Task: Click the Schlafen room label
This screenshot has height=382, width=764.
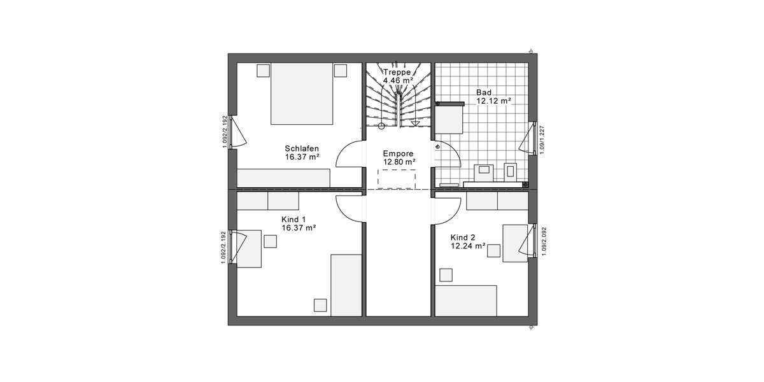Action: point(302,148)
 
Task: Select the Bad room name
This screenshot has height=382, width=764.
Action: point(484,92)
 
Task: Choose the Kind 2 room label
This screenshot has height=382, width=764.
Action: point(463,237)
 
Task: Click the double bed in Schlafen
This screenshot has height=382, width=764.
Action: point(302,94)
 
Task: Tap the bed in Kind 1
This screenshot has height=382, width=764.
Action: point(346,284)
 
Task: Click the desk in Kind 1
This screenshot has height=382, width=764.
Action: point(250,249)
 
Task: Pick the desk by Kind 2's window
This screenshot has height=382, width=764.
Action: point(515,243)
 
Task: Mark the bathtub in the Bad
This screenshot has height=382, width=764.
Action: point(449,117)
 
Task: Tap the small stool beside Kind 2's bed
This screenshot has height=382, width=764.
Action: point(446,274)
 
